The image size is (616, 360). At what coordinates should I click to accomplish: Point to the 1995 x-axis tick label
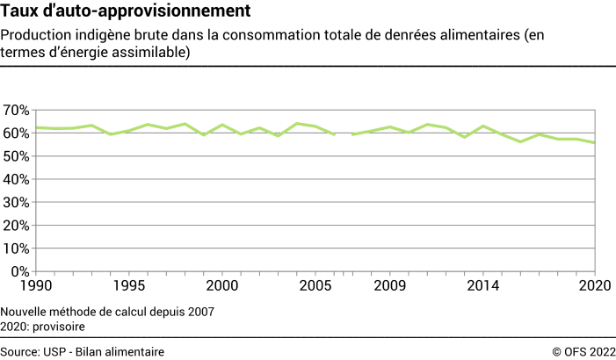pos(129,286)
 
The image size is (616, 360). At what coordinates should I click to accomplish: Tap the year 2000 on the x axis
pos(221,286)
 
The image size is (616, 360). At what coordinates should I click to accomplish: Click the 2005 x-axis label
pos(315,286)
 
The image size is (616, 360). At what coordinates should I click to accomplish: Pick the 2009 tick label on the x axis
pos(389,286)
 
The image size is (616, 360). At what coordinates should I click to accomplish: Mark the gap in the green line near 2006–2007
pos(343,134)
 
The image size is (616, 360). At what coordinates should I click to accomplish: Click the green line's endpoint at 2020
pos(594,143)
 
